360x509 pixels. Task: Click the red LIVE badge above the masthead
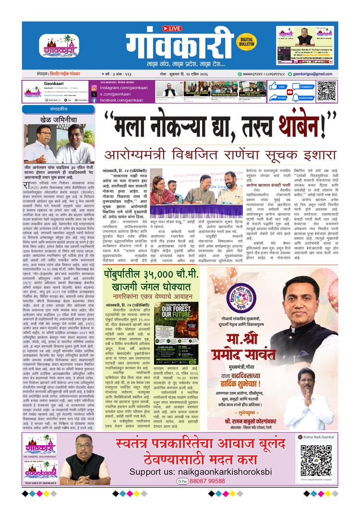pyautogui.click(x=172, y=28)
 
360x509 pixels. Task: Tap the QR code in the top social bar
pyautogui.click(x=326, y=91)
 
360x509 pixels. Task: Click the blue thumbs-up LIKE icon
pyautogui.click(x=274, y=87)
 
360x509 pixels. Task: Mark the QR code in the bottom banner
pyautogui.click(x=316, y=460)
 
